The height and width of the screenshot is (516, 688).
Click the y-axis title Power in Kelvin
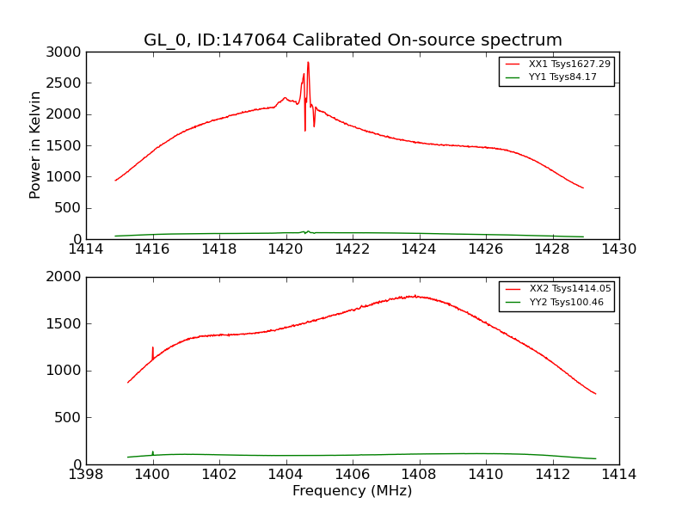pyautogui.click(x=36, y=144)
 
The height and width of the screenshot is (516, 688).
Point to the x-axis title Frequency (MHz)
pyautogui.click(x=353, y=491)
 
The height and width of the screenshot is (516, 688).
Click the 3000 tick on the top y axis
pyautogui.click(x=65, y=52)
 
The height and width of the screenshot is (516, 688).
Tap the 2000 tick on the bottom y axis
pyautogui.click(x=65, y=277)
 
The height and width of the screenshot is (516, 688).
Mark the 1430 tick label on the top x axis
pyautogui.click(x=618, y=249)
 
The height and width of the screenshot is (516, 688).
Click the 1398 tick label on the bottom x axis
pyautogui.click(x=86, y=474)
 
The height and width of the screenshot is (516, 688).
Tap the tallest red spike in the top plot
pyautogui.click(x=308, y=63)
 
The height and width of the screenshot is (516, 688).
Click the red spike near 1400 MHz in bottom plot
pyautogui.click(x=153, y=348)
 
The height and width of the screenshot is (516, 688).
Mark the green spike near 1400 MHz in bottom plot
pyautogui.click(x=153, y=451)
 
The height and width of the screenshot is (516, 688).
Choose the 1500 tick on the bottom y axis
pyautogui.click(x=65, y=323)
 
